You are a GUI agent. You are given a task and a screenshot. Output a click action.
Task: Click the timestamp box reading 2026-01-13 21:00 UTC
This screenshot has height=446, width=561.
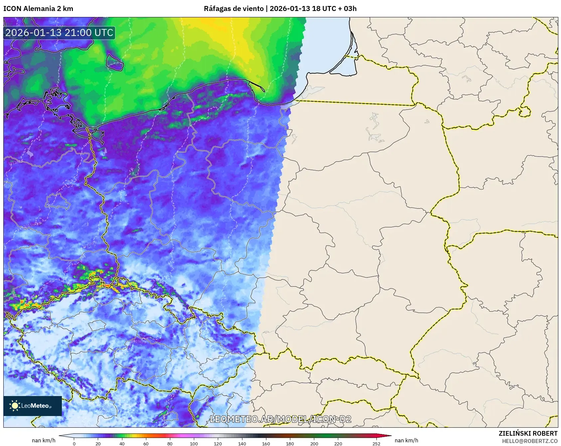coord(59,33)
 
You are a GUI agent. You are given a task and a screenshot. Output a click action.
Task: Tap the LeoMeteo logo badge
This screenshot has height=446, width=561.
coord(33,406)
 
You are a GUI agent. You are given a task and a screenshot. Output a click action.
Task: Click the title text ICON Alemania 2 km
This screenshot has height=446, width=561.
coord(38,9)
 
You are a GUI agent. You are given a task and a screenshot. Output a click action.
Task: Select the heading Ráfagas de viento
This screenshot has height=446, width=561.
coord(233,9)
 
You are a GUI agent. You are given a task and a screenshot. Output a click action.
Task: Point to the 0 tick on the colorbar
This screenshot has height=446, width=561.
coord(74,443)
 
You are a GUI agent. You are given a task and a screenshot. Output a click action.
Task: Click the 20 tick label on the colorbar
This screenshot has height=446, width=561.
coord(98,443)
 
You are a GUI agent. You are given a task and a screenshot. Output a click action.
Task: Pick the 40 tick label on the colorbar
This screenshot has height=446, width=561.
coord(122,443)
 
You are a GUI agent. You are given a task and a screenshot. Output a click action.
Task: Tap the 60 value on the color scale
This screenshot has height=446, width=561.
coord(146,443)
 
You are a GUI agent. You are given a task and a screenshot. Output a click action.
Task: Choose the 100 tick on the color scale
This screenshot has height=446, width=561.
coord(194,443)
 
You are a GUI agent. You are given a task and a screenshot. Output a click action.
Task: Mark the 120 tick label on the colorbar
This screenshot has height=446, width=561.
coord(218,443)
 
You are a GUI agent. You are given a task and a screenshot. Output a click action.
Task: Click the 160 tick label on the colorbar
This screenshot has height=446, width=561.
coord(266,443)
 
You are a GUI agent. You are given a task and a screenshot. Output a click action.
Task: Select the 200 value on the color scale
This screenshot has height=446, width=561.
coord(314,443)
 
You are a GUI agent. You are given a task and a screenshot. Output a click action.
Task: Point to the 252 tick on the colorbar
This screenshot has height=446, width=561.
coord(376,443)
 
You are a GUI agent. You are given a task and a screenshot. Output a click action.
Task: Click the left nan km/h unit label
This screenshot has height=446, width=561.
coord(44,440)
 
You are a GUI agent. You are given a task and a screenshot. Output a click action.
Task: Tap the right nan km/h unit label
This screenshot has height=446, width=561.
coord(406,440)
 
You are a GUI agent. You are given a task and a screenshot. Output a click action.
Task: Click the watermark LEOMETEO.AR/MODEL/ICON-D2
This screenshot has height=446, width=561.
coord(280,419)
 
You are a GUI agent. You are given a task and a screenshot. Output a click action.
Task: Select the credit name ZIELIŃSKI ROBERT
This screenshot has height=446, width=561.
coord(528,433)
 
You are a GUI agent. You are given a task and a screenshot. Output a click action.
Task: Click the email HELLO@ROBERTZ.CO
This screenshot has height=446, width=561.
coord(530,441)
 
